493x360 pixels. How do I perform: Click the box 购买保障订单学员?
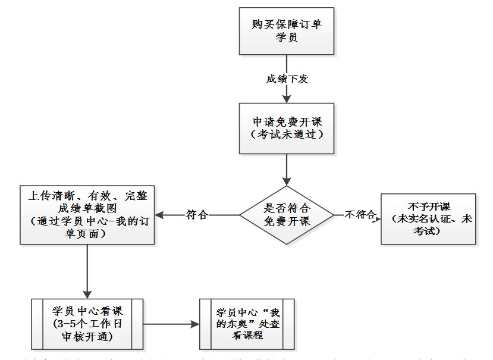click(287, 31)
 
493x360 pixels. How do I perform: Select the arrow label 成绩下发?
click(287, 79)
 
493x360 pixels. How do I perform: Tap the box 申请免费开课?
click(287, 128)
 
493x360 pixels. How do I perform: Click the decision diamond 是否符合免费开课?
click(287, 215)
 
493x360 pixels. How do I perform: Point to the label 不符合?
click(360, 215)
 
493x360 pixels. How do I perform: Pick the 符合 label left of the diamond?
click(197, 215)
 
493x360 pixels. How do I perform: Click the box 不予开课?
click(428, 218)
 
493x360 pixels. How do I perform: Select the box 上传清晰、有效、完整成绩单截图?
click(87, 215)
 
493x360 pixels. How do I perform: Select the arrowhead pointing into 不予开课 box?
click(377, 218)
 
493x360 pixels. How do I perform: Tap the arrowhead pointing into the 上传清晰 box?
click(161, 215)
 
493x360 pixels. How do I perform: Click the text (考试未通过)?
click(287, 134)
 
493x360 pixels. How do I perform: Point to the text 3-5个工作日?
click(87, 325)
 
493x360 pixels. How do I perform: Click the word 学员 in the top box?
click(287, 37)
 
